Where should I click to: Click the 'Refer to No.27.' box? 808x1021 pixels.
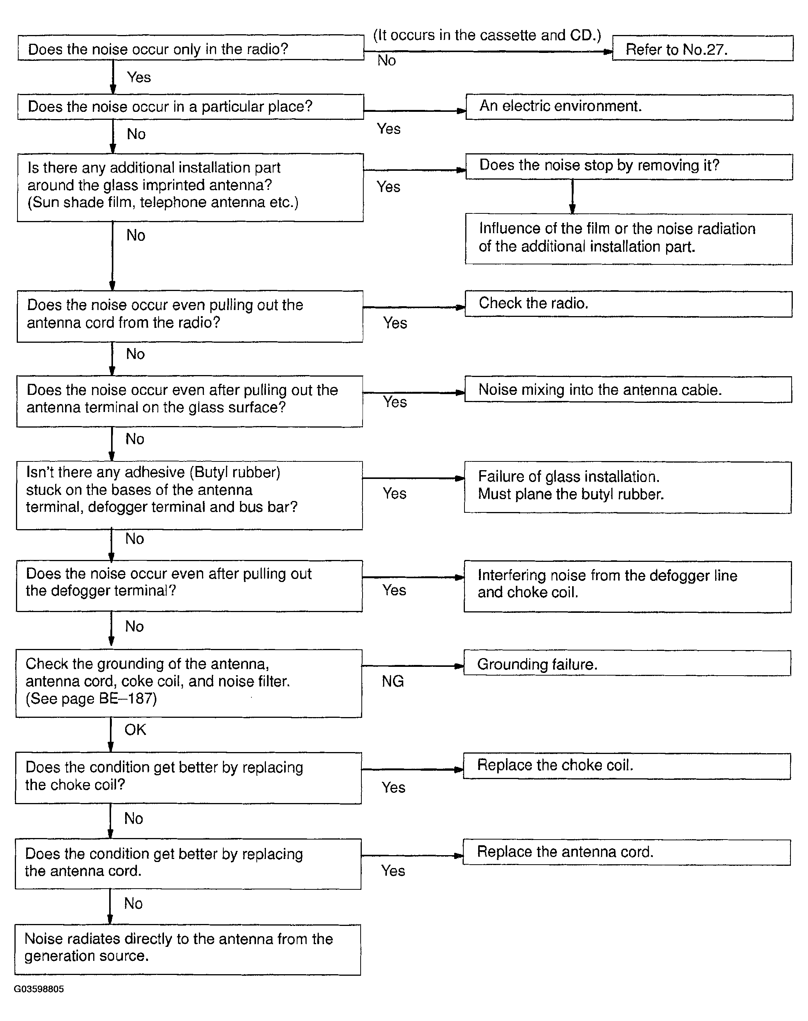[703, 49]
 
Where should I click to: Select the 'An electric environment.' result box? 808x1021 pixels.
[629, 107]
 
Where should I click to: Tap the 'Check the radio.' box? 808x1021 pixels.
[628, 304]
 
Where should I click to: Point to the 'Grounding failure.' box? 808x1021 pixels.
[627, 663]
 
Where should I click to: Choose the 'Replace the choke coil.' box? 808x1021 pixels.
[627, 765]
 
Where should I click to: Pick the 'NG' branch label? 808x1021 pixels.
[393, 681]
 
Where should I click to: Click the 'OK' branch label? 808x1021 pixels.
[135, 730]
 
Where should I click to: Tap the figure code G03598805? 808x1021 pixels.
[39, 989]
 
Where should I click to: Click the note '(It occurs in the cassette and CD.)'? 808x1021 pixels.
[487, 35]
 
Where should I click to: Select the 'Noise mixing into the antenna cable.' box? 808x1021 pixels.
[628, 390]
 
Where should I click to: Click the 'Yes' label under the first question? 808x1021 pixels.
[138, 77]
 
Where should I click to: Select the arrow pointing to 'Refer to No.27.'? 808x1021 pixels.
[487, 52]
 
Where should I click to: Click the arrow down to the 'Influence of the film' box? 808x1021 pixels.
[573, 197]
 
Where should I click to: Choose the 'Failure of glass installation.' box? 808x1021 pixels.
[627, 487]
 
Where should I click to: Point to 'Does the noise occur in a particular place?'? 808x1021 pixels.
[190, 107]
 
